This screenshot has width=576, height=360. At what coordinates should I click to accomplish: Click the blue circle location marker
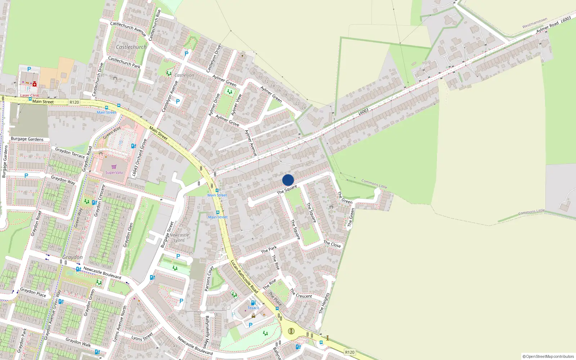[288, 180]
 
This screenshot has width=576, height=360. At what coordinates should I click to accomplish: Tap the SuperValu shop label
[114, 172]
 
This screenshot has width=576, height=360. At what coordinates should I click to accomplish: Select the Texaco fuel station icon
[253, 303]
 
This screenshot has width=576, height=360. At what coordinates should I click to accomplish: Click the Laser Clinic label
[30, 95]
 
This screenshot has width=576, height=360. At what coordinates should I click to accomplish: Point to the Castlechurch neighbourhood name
[131, 47]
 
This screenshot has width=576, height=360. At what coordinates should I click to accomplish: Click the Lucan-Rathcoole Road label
[244, 276]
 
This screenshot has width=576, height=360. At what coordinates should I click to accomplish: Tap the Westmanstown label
[535, 23]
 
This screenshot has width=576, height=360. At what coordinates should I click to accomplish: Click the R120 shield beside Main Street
[74, 102]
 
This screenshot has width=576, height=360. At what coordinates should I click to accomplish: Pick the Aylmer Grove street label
[227, 120]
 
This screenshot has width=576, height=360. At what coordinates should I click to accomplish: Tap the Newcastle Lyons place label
[179, 238]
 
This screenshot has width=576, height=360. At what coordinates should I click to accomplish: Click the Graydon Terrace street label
[70, 153]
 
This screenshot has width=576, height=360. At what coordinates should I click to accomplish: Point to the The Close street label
[332, 244]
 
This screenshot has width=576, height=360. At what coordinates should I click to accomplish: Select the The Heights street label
[324, 303]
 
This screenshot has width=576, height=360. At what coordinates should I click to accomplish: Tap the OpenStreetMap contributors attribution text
[548, 356]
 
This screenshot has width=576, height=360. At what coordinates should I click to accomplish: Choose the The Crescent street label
[301, 294]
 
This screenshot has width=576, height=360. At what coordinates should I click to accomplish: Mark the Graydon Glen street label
[128, 235]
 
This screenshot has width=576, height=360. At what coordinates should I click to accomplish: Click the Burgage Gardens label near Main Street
[27, 139]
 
